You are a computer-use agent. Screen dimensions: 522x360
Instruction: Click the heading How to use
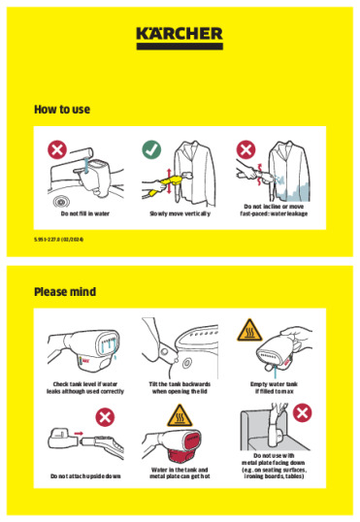[x=62, y=110]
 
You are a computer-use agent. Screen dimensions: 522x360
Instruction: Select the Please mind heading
[x=65, y=292]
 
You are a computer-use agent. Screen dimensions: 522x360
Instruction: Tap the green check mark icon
[x=150, y=149]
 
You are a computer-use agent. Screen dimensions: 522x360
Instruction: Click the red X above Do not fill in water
[x=59, y=149]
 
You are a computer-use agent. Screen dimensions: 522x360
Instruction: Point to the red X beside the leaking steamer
[x=246, y=149]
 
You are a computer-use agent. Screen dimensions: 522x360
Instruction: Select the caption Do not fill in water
[x=85, y=212]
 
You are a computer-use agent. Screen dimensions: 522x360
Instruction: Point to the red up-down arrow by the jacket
[x=166, y=177]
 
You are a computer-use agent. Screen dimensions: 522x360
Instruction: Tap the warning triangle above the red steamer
[x=179, y=418]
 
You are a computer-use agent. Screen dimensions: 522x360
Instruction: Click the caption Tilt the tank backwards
[x=179, y=387]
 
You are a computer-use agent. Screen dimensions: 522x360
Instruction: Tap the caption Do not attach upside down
[x=85, y=476]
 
